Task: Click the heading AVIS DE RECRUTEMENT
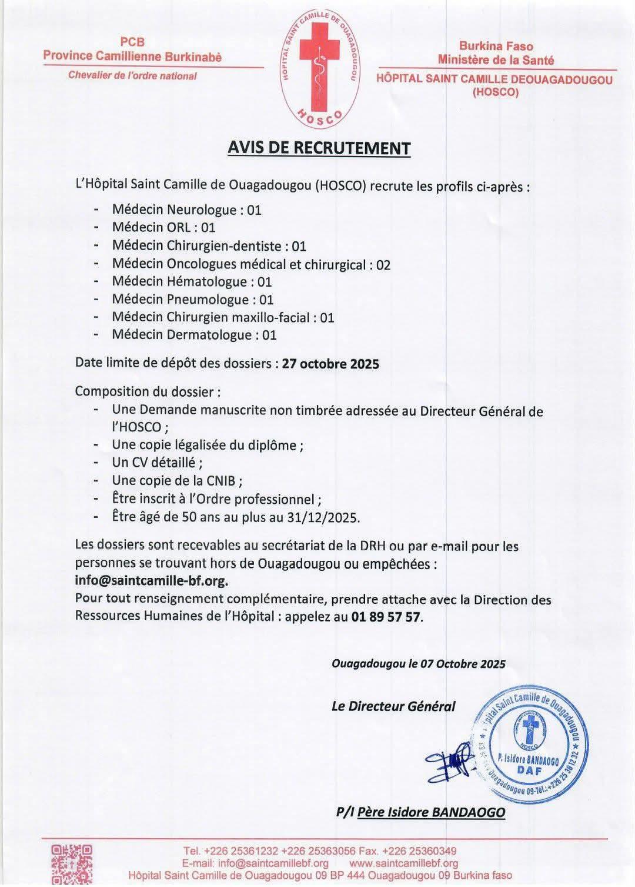click(319, 147)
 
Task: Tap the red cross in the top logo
click(319, 61)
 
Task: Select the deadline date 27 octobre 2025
click(330, 364)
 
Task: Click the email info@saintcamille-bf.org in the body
click(151, 581)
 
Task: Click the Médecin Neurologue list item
click(186, 210)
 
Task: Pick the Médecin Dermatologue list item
click(194, 335)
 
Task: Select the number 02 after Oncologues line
click(383, 265)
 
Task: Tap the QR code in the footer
click(72, 864)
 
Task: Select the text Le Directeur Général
click(393, 706)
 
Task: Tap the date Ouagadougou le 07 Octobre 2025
click(418, 664)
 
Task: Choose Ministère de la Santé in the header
click(496, 60)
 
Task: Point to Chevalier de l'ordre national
click(132, 76)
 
